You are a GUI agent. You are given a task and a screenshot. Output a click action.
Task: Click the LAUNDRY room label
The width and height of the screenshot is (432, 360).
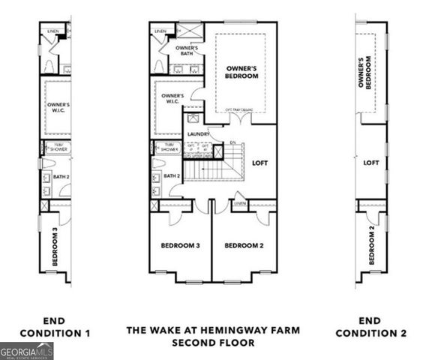[199, 134]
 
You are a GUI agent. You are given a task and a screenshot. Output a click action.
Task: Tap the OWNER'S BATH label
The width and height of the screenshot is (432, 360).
[186, 51]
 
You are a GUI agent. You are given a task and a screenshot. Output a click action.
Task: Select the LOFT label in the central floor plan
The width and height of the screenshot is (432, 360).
[259, 162]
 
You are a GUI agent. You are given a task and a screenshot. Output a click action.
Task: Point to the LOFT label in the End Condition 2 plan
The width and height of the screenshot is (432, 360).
[371, 162]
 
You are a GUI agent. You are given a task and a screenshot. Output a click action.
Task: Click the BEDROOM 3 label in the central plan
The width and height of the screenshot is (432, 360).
[180, 245]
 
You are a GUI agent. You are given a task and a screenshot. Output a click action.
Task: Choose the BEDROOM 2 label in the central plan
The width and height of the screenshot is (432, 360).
[244, 245]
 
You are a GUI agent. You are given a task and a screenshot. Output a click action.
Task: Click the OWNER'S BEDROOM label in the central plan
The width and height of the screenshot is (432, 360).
[242, 72]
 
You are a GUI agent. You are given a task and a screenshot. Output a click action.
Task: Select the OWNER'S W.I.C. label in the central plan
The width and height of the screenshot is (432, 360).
[172, 100]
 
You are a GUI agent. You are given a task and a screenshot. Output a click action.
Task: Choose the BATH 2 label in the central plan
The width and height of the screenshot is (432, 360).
[172, 176]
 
